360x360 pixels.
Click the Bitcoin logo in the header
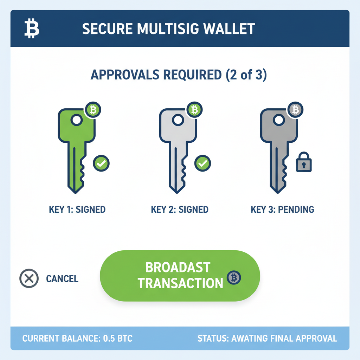32,29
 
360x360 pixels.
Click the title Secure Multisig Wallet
168,29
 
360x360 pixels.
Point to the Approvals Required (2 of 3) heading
179,75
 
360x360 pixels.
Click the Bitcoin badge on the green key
93,110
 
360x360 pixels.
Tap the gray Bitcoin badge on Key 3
295,110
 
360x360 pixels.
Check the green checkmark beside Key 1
101,163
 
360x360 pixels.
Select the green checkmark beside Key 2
202,163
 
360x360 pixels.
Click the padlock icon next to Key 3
304,162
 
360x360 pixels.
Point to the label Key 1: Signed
77,210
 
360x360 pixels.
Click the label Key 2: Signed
180,210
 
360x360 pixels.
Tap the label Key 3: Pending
282,210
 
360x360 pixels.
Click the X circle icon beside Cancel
29,278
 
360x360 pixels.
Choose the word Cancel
62,279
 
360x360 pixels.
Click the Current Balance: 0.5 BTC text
77,339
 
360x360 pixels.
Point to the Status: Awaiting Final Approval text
267,339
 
